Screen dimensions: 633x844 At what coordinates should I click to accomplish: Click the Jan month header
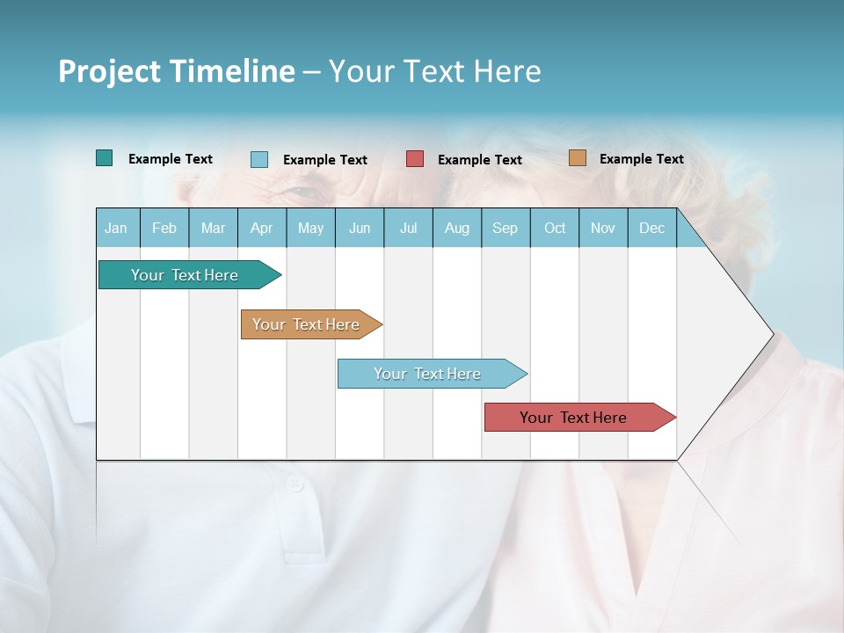117,228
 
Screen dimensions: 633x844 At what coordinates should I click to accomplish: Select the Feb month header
164,228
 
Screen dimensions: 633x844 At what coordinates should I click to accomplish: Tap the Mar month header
213,228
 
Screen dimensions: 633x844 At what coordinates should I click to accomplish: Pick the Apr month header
262,228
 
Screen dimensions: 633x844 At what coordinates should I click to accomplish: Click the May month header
310,228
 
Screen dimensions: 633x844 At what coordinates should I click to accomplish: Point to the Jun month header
360,228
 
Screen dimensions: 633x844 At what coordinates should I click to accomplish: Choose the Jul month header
408,228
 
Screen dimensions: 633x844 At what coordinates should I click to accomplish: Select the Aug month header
457,228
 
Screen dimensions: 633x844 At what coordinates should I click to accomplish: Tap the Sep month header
506,228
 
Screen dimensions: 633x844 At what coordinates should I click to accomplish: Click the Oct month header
555,228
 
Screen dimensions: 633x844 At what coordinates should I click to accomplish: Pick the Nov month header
603,228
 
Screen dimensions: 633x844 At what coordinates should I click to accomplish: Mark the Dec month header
652,228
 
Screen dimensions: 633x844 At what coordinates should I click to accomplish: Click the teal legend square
104,158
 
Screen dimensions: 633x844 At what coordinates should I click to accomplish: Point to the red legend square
415,159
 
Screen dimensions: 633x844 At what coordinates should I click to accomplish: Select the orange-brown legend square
577,158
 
